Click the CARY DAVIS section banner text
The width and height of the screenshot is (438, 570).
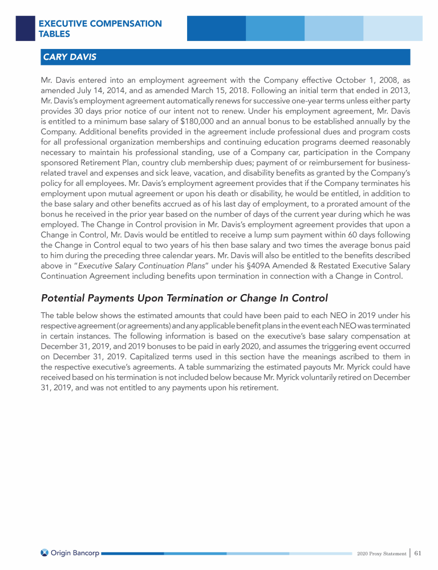tap(69, 57)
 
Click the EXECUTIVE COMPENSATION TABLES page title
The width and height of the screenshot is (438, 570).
tap(100, 28)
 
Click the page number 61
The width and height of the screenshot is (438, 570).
tap(418, 552)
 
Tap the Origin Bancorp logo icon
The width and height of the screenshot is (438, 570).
tap(44, 552)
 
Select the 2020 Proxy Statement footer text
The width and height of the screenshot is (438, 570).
tap(380, 553)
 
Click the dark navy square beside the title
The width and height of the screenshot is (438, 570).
tap(25, 28)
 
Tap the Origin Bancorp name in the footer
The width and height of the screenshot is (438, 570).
tap(75, 552)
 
